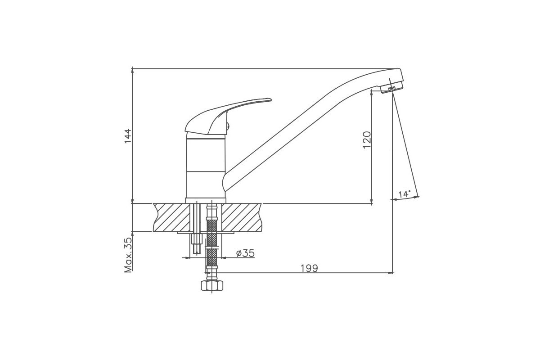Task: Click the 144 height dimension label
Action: [x=128, y=136]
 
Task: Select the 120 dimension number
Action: [x=367, y=140]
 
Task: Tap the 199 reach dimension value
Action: [x=309, y=268]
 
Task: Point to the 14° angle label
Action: [x=404, y=194]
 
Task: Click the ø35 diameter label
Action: [x=245, y=253]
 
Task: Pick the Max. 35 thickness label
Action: [x=128, y=255]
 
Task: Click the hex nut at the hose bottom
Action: [x=212, y=286]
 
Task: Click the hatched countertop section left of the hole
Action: [x=171, y=218]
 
